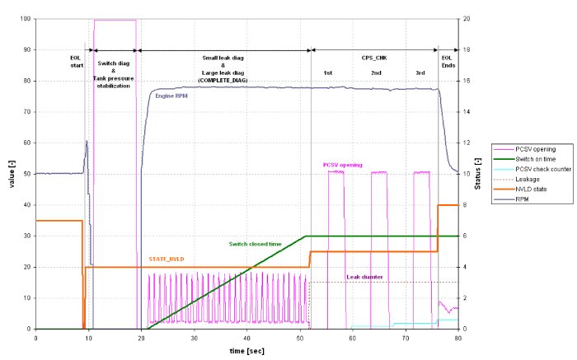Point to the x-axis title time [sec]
pyautogui.click(x=246, y=351)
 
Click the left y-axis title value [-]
pyautogui.click(x=11, y=174)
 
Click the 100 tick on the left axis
pyautogui.click(x=27, y=19)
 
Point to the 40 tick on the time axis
pyautogui.click(x=246, y=338)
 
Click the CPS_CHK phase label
pyautogui.click(x=374, y=59)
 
